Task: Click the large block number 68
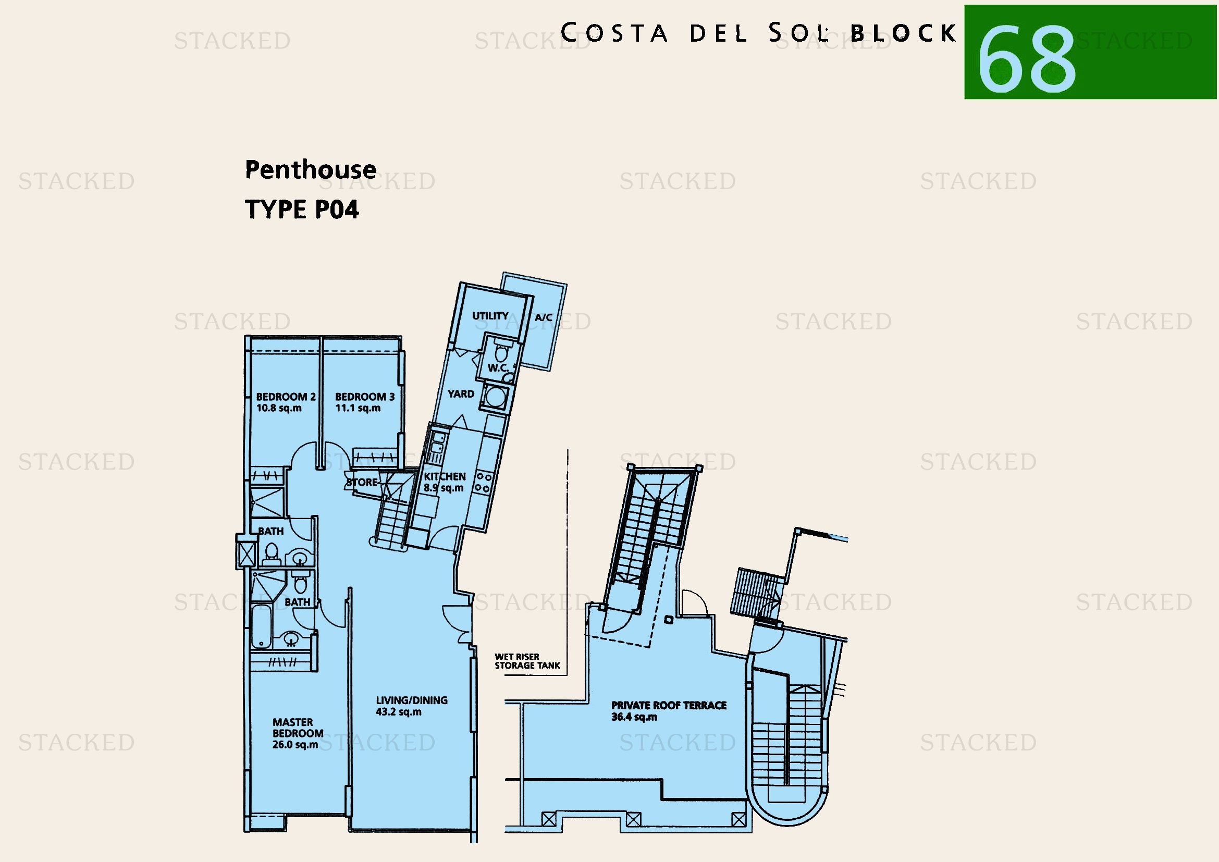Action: (x=1027, y=58)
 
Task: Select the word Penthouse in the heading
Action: (x=311, y=170)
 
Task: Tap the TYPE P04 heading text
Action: (x=302, y=209)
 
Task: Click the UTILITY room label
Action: (x=490, y=316)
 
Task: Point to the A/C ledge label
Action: (x=543, y=317)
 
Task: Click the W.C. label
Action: (x=498, y=367)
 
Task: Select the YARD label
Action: (x=460, y=394)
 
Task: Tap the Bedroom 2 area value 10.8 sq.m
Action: (x=279, y=408)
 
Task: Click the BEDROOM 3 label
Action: (x=365, y=397)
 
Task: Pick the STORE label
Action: (x=362, y=482)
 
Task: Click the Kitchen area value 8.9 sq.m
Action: (x=444, y=488)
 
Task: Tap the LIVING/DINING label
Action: (x=412, y=700)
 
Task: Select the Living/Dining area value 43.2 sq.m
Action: (x=398, y=712)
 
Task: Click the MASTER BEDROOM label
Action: (x=298, y=728)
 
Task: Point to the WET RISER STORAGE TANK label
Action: (x=527, y=661)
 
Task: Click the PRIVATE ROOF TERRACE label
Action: (x=669, y=706)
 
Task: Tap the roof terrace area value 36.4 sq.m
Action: (x=634, y=717)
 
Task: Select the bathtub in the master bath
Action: (x=261, y=627)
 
